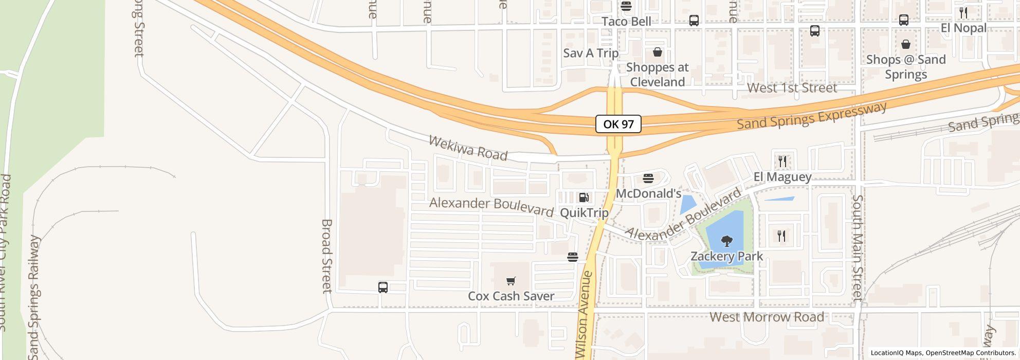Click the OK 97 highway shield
tap(618, 124)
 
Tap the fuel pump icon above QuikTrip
tap(584, 197)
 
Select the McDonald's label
tap(648, 194)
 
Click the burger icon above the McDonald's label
tap(648, 179)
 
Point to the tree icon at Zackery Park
tap(726, 240)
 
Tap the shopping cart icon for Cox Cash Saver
tap(511, 281)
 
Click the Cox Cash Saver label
tap(511, 296)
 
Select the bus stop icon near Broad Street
tap(383, 287)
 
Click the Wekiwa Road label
tap(468, 148)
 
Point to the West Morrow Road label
tap(767, 317)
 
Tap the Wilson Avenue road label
tap(585, 315)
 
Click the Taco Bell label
tap(626, 22)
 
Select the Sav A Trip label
tap(591, 53)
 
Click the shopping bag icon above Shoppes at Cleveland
tap(657, 52)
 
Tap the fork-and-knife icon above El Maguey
tap(782, 161)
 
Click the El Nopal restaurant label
tap(963, 28)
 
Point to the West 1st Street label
tap(792, 88)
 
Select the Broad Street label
tap(327, 256)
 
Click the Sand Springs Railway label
tap(34, 297)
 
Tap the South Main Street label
tap(857, 248)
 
